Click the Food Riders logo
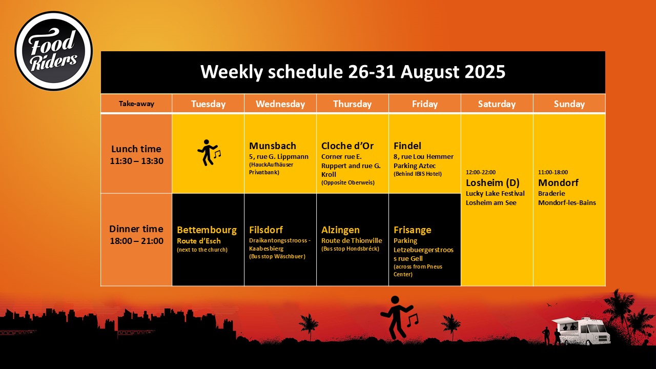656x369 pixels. tap(54, 51)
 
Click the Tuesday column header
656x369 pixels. tap(208, 104)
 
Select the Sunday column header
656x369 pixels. tap(569, 104)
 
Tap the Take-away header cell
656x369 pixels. tap(136, 104)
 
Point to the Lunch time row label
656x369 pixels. tap(136, 155)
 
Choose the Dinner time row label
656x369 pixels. tap(136, 235)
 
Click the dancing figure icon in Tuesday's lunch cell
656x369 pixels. tap(209, 153)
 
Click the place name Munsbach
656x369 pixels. tap(272, 146)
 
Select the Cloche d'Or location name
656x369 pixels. tap(347, 146)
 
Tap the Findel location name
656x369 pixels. tap(407, 146)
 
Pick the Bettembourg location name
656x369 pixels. tap(207, 230)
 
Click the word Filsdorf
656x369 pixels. tap(266, 230)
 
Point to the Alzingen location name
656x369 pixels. tap(340, 230)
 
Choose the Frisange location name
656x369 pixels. tap(413, 230)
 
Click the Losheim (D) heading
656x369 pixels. tap(493, 183)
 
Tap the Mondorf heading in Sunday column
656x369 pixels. tap(558, 183)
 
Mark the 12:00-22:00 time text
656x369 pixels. tap(481, 172)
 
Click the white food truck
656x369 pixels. tap(581, 331)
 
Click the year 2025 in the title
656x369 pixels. tap(485, 72)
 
